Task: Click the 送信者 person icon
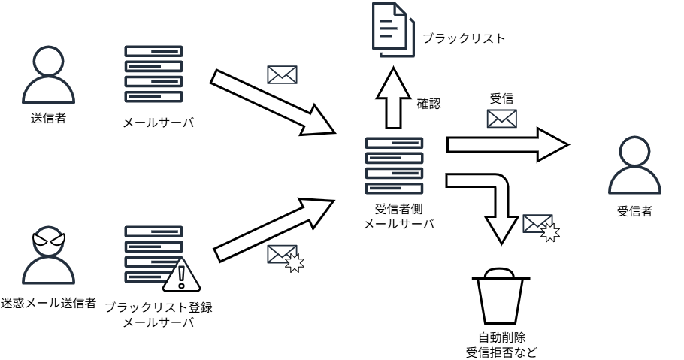(x=48, y=77)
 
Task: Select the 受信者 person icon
(x=634, y=170)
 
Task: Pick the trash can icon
(x=498, y=300)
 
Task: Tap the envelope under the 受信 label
(x=502, y=119)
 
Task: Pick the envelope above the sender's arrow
(x=282, y=75)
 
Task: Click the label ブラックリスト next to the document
(x=463, y=38)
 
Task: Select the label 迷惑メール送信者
(x=48, y=303)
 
